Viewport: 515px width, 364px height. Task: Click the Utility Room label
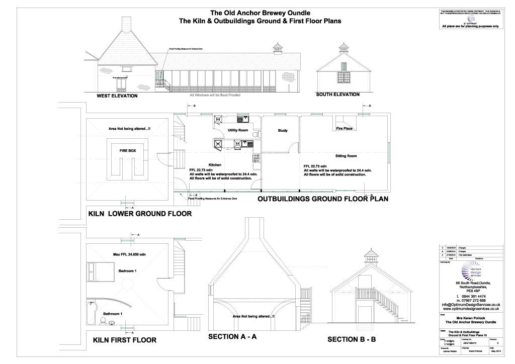pos(238,130)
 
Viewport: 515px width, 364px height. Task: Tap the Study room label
pos(283,131)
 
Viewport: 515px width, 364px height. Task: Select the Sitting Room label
pos(346,156)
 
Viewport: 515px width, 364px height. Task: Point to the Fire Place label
pos(344,129)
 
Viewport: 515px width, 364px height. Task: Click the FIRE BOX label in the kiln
pos(127,150)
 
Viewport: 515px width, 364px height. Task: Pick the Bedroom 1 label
pos(128,271)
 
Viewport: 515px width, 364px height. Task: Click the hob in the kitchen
pos(256,158)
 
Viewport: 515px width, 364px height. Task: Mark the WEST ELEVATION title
pos(117,96)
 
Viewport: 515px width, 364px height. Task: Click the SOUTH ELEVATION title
pos(337,95)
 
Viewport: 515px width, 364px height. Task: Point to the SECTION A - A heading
pos(232,337)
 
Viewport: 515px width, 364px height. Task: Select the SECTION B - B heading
pos(352,340)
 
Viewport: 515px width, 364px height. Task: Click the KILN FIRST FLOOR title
pos(125,340)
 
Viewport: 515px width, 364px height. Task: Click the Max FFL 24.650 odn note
pos(129,254)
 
